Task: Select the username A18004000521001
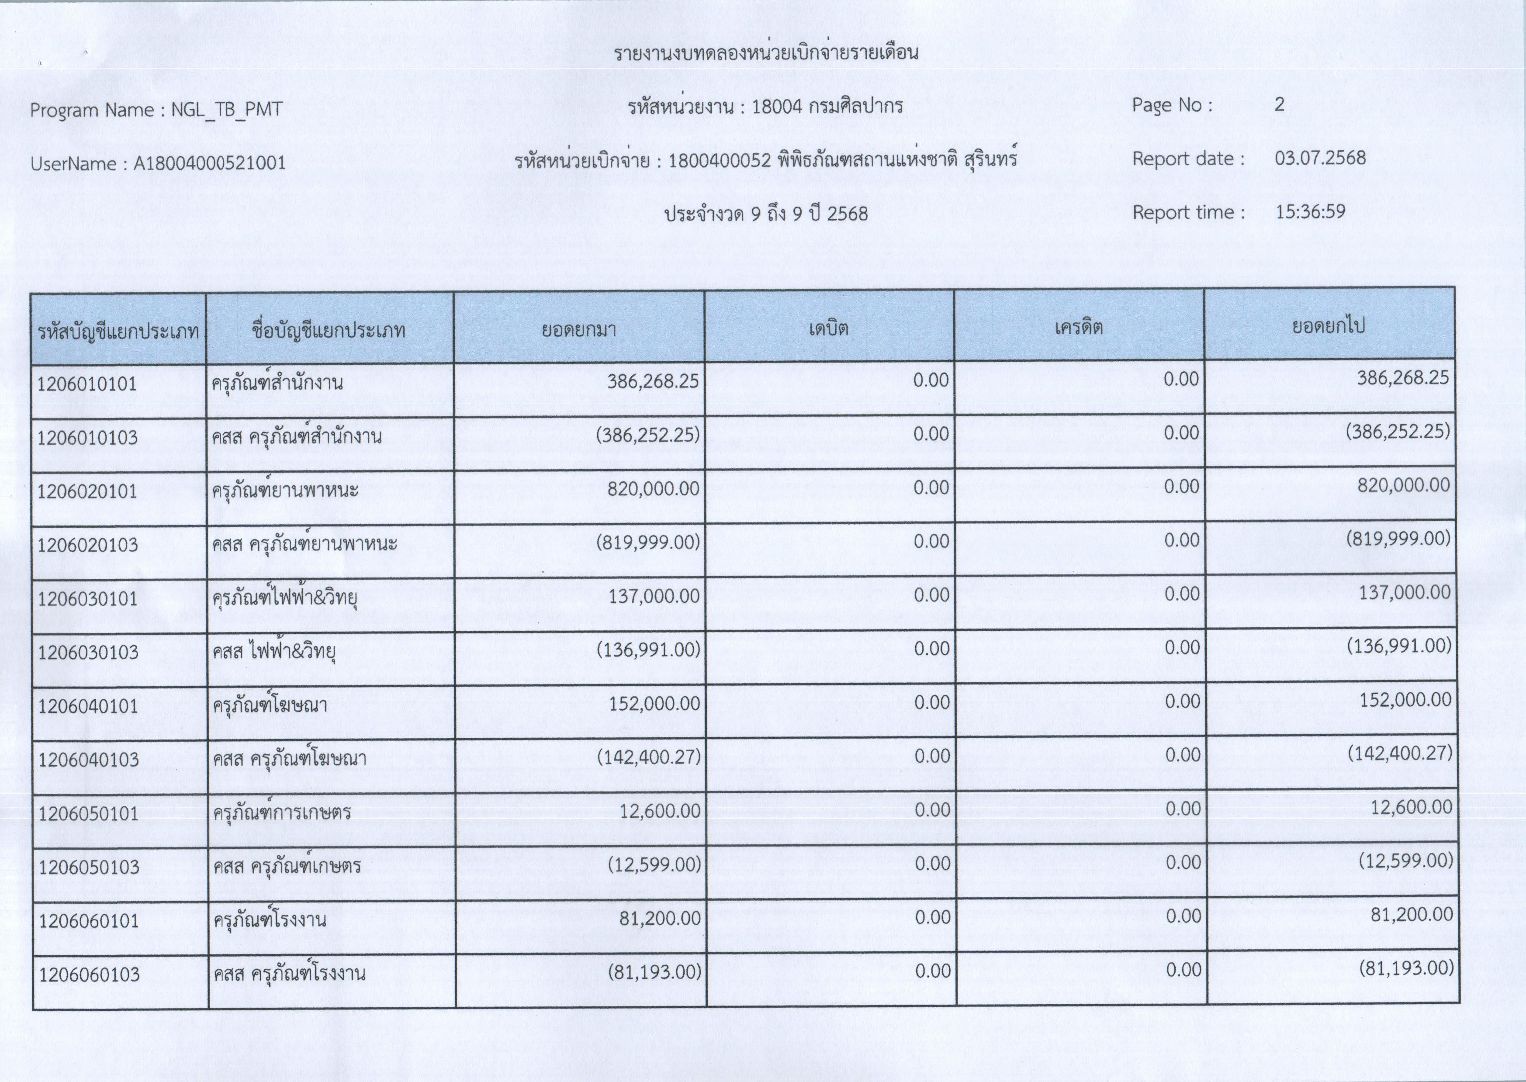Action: pyautogui.click(x=209, y=163)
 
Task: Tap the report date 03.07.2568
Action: pyautogui.click(x=1320, y=159)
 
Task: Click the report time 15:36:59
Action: pyautogui.click(x=1310, y=212)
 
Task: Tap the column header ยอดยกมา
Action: pyautogui.click(x=578, y=329)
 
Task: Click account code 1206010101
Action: pyautogui.click(x=87, y=384)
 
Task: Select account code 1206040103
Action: pyautogui.click(x=89, y=760)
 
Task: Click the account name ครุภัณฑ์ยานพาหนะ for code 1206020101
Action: pyautogui.click(x=285, y=491)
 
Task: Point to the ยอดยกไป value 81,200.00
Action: pyautogui.click(x=1412, y=915)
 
